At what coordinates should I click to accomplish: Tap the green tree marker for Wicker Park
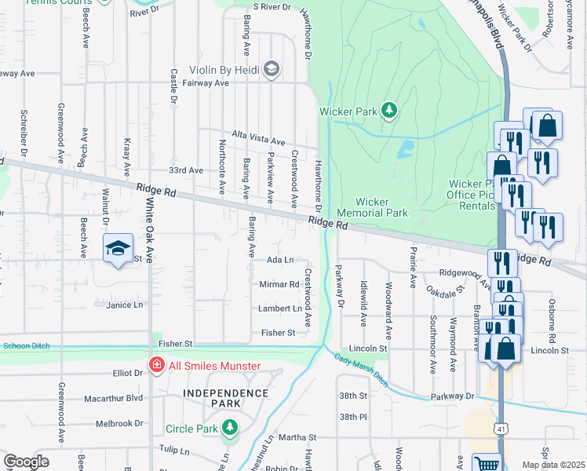[x=388, y=110]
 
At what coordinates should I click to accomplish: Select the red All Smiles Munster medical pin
[x=156, y=366]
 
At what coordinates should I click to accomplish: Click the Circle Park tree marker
[x=229, y=428]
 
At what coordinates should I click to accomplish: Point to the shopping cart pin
[x=487, y=464]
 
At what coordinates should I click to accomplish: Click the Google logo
[x=27, y=461]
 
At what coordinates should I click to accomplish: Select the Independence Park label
[x=226, y=397]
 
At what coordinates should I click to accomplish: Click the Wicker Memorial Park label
[x=372, y=207]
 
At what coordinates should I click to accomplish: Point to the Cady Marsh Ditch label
[x=361, y=370]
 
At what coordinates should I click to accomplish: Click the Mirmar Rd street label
[x=279, y=284]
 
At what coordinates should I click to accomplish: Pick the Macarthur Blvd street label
[x=114, y=398]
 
